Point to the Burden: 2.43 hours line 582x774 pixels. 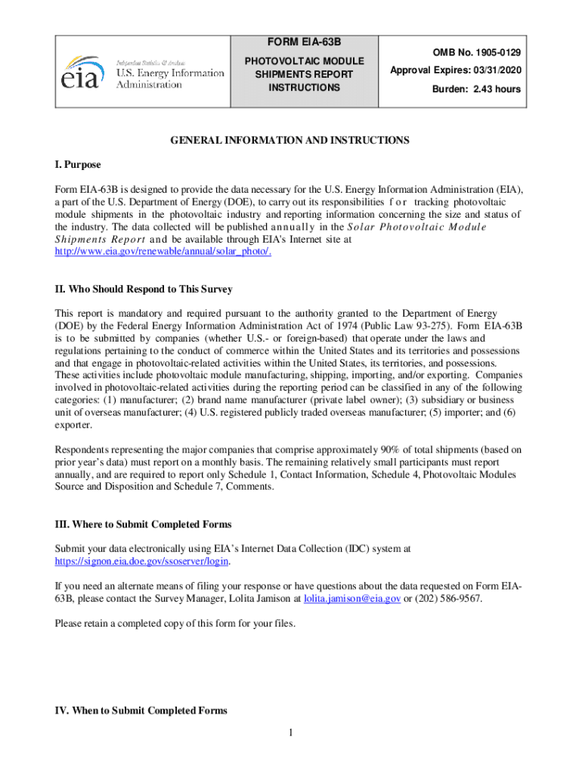pos(476,88)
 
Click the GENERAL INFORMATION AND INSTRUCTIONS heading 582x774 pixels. pos(289,141)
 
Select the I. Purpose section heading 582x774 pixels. pos(78,165)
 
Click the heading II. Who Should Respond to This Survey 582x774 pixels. pos(144,289)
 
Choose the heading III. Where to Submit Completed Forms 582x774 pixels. pos(143,524)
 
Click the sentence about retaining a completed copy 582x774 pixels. pos(175,624)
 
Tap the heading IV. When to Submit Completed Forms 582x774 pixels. pos(141,711)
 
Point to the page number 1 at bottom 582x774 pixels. pos(291,732)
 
